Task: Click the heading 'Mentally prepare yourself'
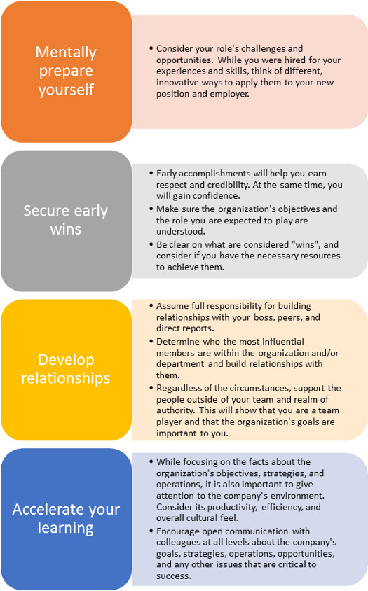[x=66, y=71]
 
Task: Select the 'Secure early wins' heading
[x=66, y=220]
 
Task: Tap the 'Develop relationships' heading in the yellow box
[x=66, y=369]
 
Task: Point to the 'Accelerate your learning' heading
[x=66, y=518]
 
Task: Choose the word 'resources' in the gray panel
[x=322, y=256]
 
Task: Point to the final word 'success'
[x=174, y=576]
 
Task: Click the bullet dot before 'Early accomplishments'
[x=151, y=174]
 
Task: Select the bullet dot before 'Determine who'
[x=151, y=342]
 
